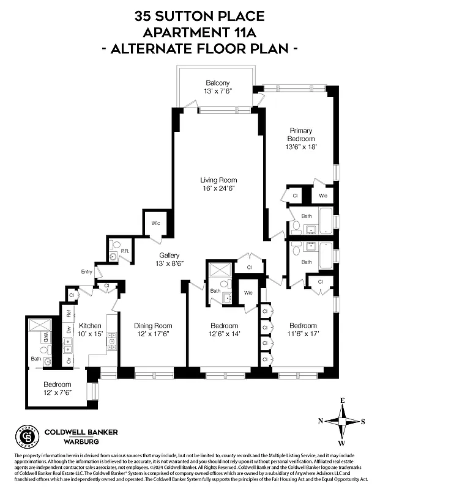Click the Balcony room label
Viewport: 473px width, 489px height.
click(217, 83)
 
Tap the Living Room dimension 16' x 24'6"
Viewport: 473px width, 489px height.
click(218, 188)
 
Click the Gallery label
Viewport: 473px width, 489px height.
click(169, 255)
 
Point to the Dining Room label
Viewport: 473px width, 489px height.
click(153, 326)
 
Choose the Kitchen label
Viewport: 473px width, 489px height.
click(90, 326)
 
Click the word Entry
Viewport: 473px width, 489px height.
click(87, 272)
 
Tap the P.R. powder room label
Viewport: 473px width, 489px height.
click(124, 251)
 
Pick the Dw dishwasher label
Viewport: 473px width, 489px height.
click(68, 330)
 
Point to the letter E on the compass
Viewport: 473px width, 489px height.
click(343, 400)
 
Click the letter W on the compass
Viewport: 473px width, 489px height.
click(342, 443)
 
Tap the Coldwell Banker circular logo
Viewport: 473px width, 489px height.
click(27, 436)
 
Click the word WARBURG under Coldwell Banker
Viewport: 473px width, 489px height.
click(72, 441)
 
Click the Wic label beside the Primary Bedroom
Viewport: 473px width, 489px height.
click(322, 196)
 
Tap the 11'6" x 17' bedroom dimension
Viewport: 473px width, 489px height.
click(303, 334)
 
